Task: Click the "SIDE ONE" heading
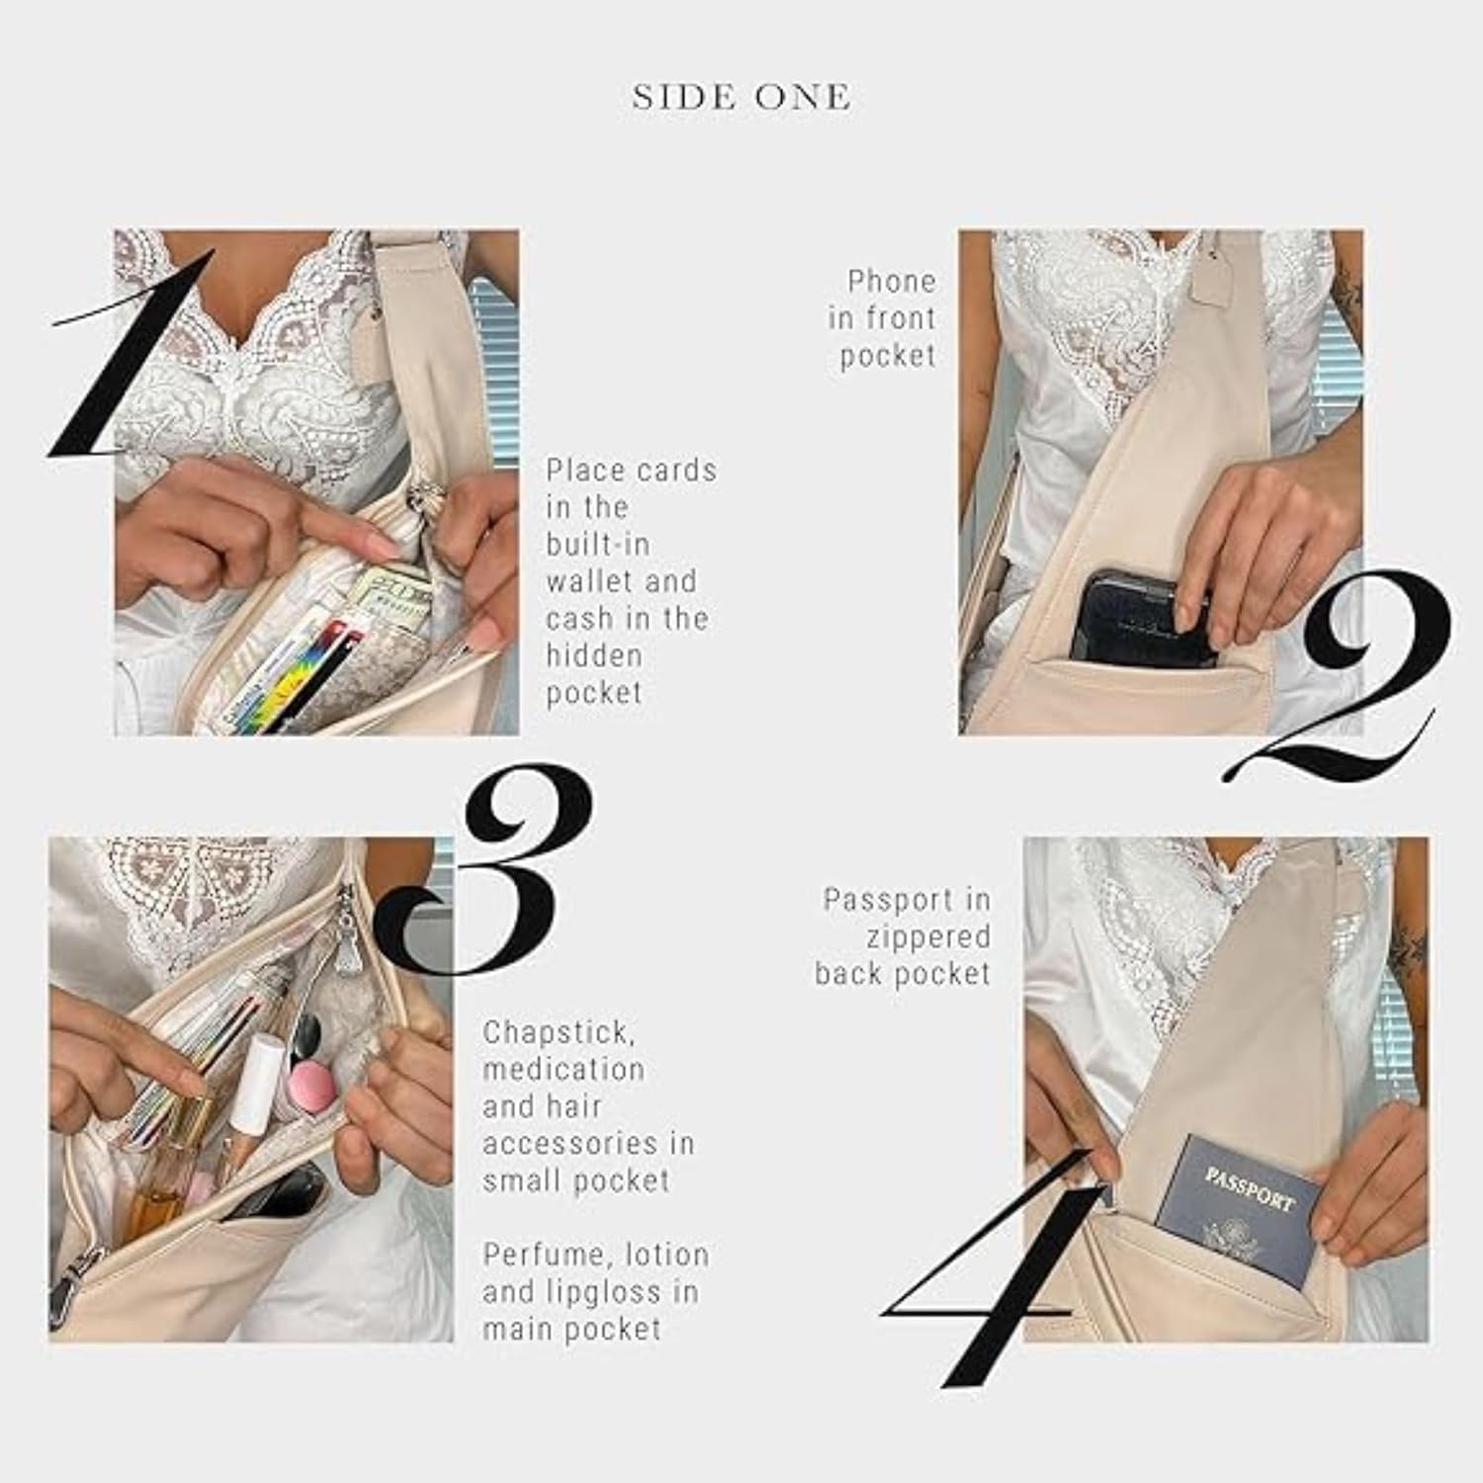pyautogui.click(x=741, y=97)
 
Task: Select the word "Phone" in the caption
pyautogui.click(x=891, y=282)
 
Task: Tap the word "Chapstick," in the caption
pyautogui.click(x=560, y=1033)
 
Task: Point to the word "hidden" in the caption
pyautogui.click(x=594, y=655)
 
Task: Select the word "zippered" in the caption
pyautogui.click(x=928, y=938)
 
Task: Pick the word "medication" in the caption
pyautogui.click(x=564, y=1070)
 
